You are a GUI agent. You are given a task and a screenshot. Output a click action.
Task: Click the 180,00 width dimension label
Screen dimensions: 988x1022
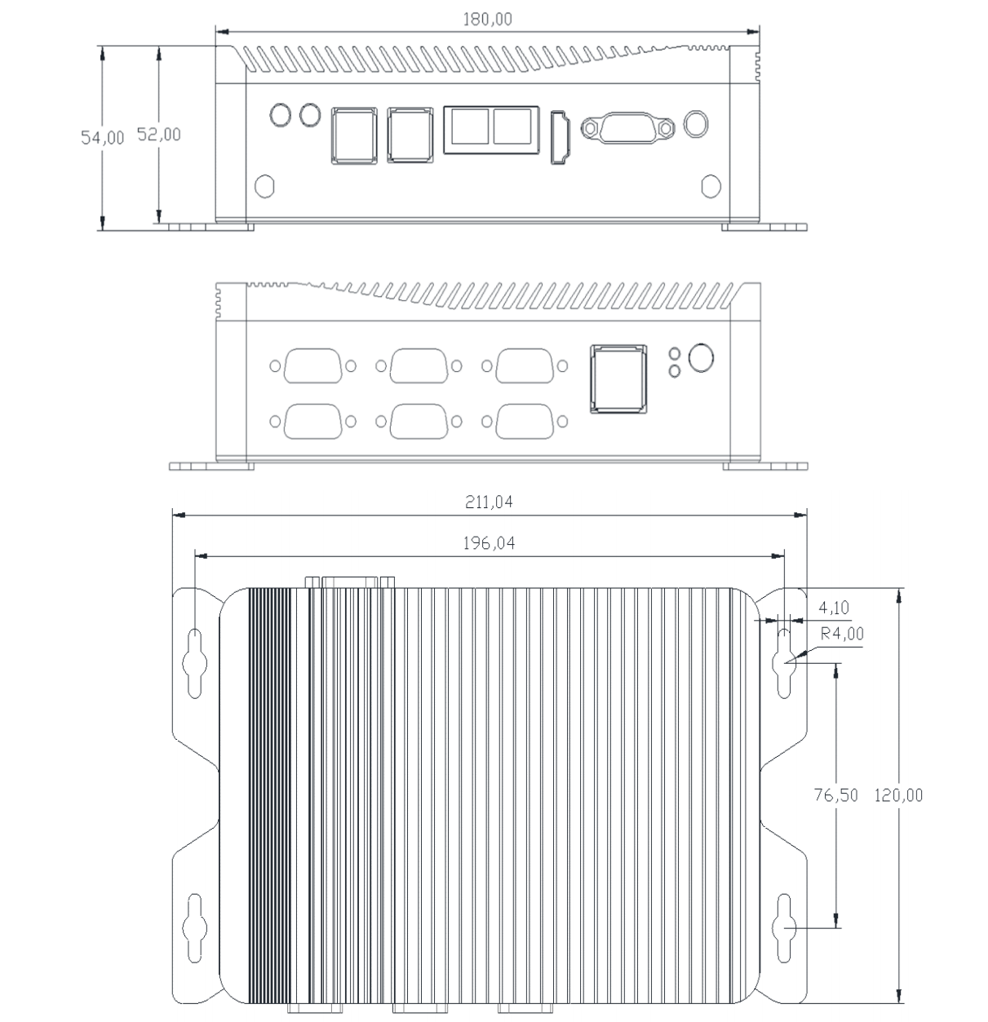pyautogui.click(x=487, y=20)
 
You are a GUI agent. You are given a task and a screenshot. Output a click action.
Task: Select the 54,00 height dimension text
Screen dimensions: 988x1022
pyautogui.click(x=103, y=138)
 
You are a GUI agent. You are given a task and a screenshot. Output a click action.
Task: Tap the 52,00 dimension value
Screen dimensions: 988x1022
pyautogui.click(x=158, y=135)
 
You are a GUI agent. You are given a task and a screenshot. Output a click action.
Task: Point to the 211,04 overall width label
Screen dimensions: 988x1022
pyautogui.click(x=489, y=502)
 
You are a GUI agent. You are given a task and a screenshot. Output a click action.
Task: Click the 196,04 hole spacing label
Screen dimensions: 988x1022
pyautogui.click(x=489, y=543)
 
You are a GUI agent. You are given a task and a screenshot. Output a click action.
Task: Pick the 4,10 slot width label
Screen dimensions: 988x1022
pyautogui.click(x=834, y=608)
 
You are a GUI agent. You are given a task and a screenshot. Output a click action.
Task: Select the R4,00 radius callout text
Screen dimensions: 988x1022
pyautogui.click(x=842, y=634)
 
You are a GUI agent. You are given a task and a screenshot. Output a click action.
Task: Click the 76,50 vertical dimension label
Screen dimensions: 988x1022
pyautogui.click(x=835, y=795)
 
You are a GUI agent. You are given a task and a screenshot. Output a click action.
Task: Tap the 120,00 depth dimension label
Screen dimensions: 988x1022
pyautogui.click(x=898, y=795)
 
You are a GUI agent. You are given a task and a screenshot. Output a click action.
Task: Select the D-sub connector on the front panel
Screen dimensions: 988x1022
pyautogui.click(x=627, y=127)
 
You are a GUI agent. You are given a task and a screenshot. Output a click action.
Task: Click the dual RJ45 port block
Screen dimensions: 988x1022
pyautogui.click(x=491, y=130)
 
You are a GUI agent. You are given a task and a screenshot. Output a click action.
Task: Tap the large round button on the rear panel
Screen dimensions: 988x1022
pyautogui.click(x=701, y=357)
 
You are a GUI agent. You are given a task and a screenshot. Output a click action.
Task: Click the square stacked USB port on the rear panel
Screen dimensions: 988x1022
pyautogui.click(x=618, y=379)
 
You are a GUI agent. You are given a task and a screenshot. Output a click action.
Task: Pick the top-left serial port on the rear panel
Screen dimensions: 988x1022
pyautogui.click(x=312, y=365)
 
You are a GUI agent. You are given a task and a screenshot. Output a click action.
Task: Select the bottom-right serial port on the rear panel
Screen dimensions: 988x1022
pyautogui.click(x=525, y=421)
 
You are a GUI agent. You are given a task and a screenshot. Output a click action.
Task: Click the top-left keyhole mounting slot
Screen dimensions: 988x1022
pyautogui.click(x=194, y=663)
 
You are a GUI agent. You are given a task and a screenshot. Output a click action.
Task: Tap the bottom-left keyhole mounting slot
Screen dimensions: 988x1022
pyautogui.click(x=194, y=928)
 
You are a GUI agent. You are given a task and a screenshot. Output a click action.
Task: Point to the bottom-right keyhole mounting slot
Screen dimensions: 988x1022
pyautogui.click(x=784, y=928)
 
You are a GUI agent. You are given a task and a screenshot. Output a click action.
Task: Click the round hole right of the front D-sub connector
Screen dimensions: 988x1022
pyautogui.click(x=696, y=125)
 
